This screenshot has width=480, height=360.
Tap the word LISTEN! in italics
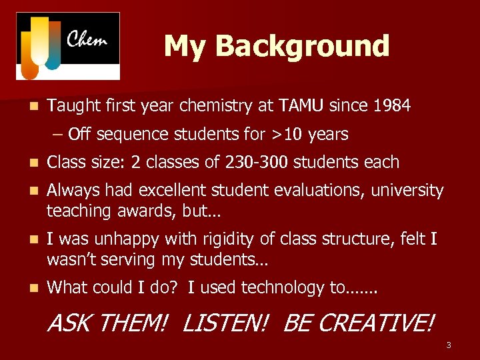(225, 324)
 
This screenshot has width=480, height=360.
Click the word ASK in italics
(65, 324)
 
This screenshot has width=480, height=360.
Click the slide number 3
(449, 345)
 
